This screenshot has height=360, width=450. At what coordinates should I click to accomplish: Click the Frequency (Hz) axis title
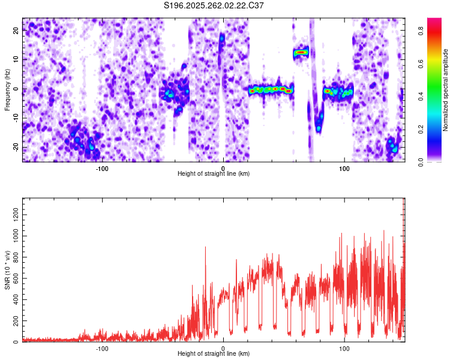tap(7, 89)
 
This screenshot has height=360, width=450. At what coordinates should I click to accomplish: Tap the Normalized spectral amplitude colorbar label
tap(446, 89)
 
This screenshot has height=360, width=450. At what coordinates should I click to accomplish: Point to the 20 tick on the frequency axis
tap(16, 31)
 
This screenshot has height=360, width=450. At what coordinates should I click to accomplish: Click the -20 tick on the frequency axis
tap(15, 148)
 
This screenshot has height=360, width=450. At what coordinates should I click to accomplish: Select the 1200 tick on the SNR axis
tap(13, 214)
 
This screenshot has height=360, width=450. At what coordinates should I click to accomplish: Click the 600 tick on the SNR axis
tap(15, 278)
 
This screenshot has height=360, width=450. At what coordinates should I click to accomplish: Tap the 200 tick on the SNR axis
tap(15, 321)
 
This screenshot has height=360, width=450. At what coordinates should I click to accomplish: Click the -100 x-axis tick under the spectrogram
tap(102, 167)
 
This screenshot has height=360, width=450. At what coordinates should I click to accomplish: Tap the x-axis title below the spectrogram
tap(214, 174)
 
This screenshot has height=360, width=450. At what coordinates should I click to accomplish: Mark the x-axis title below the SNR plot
tap(214, 354)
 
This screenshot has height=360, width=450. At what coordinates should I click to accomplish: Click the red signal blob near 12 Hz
tap(301, 53)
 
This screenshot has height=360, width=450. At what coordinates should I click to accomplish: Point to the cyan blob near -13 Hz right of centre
tap(319, 128)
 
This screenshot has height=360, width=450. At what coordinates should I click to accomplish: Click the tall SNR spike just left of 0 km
tap(205, 247)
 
